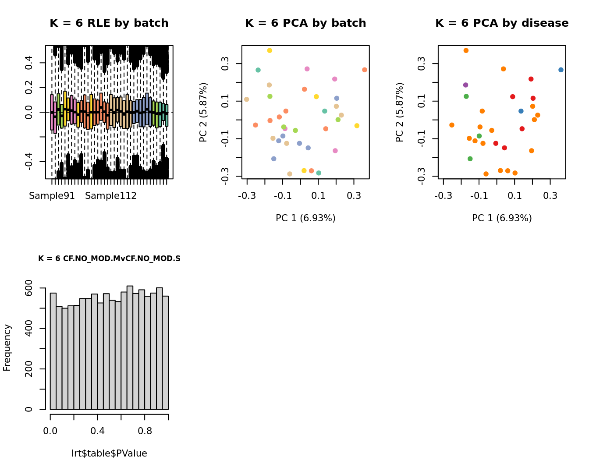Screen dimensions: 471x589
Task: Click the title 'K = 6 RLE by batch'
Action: coord(109,23)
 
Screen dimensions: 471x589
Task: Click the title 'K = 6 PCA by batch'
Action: coord(305,23)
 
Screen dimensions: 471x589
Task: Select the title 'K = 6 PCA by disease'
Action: coord(502,23)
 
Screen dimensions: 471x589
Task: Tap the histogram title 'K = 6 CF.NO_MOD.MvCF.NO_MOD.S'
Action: coord(109,259)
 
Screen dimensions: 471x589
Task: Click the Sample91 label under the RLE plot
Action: coord(52,196)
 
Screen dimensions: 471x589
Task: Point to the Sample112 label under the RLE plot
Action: coord(111,196)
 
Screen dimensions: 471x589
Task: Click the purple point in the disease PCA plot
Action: coord(465,85)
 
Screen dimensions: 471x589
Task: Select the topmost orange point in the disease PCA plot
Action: coord(466,51)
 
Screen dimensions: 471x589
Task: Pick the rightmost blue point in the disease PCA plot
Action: coord(561,70)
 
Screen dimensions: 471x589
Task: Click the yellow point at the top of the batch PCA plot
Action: coord(270,51)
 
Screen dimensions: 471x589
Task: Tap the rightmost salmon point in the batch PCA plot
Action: coord(365,70)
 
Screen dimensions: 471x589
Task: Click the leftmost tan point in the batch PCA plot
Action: coord(247,99)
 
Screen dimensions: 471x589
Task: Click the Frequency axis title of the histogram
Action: coord(7,347)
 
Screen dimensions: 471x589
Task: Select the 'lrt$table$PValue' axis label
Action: coord(109,453)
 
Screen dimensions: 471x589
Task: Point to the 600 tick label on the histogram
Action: coord(28,288)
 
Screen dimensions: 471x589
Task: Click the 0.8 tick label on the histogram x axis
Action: coord(145,431)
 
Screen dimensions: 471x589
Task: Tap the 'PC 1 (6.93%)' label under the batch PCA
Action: coord(305,218)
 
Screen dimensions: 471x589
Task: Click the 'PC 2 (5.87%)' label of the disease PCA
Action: coord(399,112)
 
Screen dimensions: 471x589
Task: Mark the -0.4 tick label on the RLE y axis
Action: coord(28,162)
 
